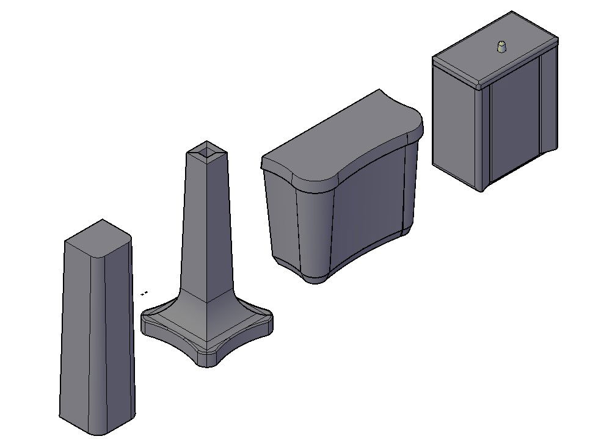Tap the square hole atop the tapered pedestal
206,150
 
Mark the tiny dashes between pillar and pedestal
144,293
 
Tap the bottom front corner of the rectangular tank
482,189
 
